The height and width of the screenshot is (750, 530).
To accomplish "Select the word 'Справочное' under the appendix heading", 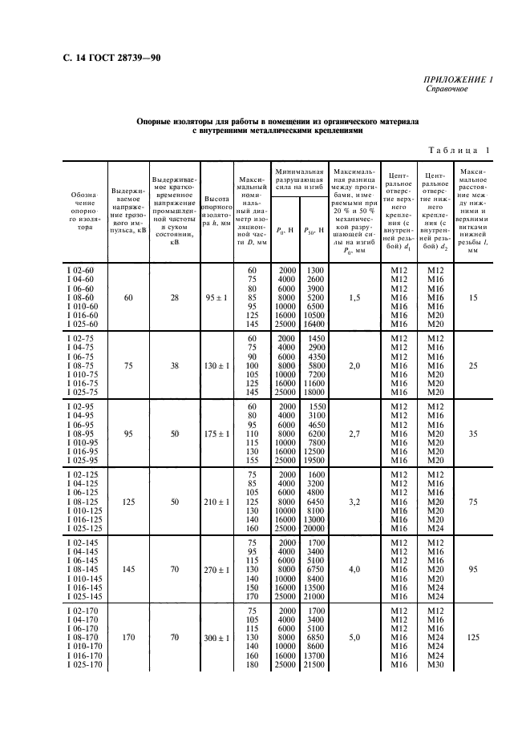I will (447, 89).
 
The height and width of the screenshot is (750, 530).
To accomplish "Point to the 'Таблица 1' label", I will (456, 150).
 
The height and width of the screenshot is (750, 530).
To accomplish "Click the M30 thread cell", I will (434, 664).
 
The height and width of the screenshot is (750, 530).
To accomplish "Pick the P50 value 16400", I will (314, 324).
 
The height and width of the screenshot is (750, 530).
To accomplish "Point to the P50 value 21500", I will (314, 664).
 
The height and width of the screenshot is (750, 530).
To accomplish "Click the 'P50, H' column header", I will (314, 230).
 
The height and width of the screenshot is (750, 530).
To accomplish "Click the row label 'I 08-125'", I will (83, 502).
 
